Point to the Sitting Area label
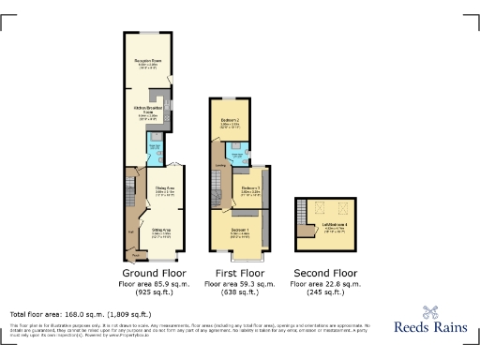click(161, 229)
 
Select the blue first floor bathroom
click(239, 149)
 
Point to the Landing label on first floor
click(221, 168)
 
